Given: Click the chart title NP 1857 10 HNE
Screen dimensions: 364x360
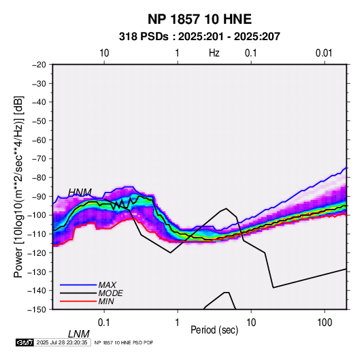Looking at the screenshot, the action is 199,19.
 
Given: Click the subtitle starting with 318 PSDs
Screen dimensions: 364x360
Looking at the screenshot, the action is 199,37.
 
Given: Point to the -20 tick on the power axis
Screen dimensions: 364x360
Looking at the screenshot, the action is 39,65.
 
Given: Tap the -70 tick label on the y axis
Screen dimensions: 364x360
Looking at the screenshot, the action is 39,159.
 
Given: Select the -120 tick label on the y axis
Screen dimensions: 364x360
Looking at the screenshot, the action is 37,252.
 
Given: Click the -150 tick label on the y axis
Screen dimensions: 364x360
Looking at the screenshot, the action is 37,310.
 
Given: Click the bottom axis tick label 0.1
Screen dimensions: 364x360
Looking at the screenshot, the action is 104,323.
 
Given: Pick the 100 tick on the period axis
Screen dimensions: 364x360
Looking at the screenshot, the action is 325,323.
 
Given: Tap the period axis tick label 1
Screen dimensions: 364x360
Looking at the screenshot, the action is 178,323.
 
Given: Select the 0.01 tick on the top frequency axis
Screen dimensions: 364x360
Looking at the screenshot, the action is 324,53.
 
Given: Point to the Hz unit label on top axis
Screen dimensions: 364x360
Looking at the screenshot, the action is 214,53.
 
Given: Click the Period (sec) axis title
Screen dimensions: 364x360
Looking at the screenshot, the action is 214,330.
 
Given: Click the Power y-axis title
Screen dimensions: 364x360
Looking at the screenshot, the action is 18,187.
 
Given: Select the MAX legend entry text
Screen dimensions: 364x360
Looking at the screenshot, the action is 107,285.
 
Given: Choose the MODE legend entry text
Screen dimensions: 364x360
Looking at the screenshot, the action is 110,293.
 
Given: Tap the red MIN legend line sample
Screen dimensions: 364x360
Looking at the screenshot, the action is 78,301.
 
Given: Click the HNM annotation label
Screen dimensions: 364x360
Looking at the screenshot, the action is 80,192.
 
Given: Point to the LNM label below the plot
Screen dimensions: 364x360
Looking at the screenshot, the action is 79,334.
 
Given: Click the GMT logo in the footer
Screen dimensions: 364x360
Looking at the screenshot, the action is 24,342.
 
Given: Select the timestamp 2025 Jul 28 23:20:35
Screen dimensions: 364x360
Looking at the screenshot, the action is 62,342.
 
